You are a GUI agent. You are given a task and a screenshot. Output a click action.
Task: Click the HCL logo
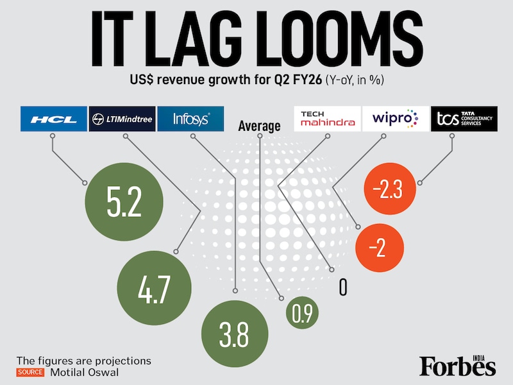click(x=53, y=119)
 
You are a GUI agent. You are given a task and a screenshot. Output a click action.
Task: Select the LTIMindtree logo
click(x=122, y=119)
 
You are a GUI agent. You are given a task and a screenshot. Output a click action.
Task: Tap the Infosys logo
click(x=190, y=119)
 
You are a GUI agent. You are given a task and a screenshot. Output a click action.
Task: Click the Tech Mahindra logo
click(x=327, y=119)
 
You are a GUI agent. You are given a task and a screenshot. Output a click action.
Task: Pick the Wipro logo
click(x=395, y=119)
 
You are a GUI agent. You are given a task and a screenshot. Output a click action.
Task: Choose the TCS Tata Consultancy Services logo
click(x=464, y=119)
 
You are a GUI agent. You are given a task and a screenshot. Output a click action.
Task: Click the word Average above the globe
click(x=259, y=126)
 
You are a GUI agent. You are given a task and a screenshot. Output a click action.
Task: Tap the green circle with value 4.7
click(x=155, y=287)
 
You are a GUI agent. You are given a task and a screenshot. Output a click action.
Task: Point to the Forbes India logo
click(x=457, y=365)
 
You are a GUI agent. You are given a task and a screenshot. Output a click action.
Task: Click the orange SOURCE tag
click(x=30, y=372)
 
